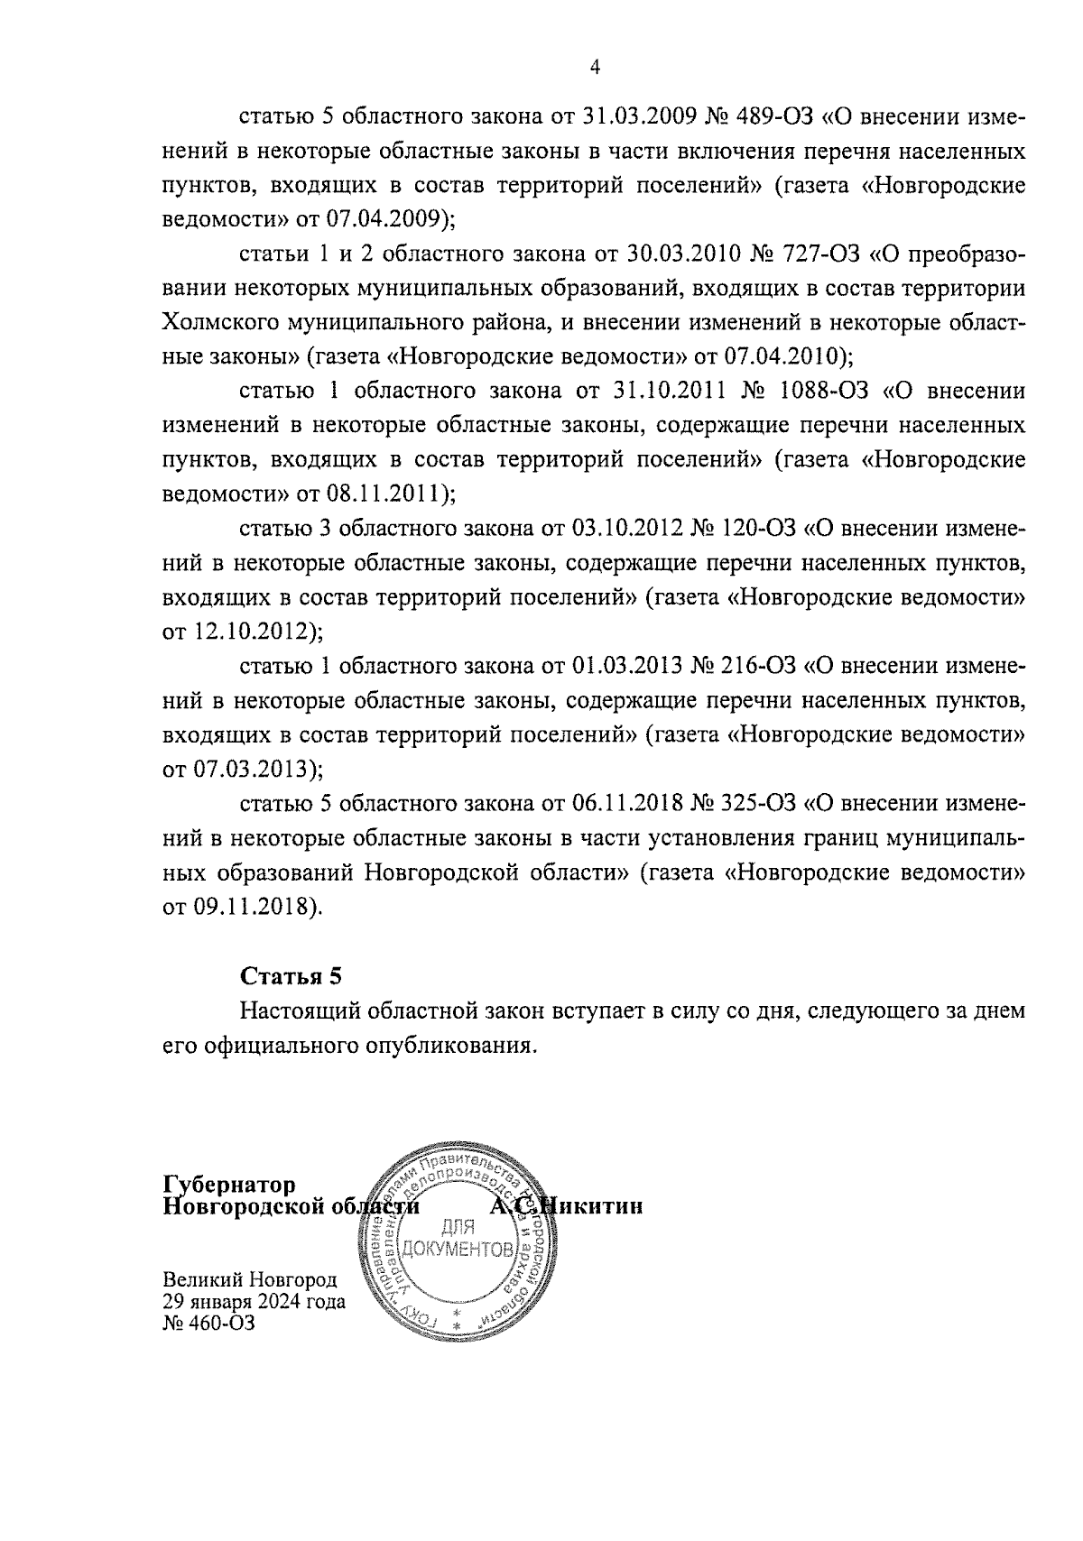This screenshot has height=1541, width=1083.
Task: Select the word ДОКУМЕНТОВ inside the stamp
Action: pos(458,1250)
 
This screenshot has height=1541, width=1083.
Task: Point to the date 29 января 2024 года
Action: pos(254,1302)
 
